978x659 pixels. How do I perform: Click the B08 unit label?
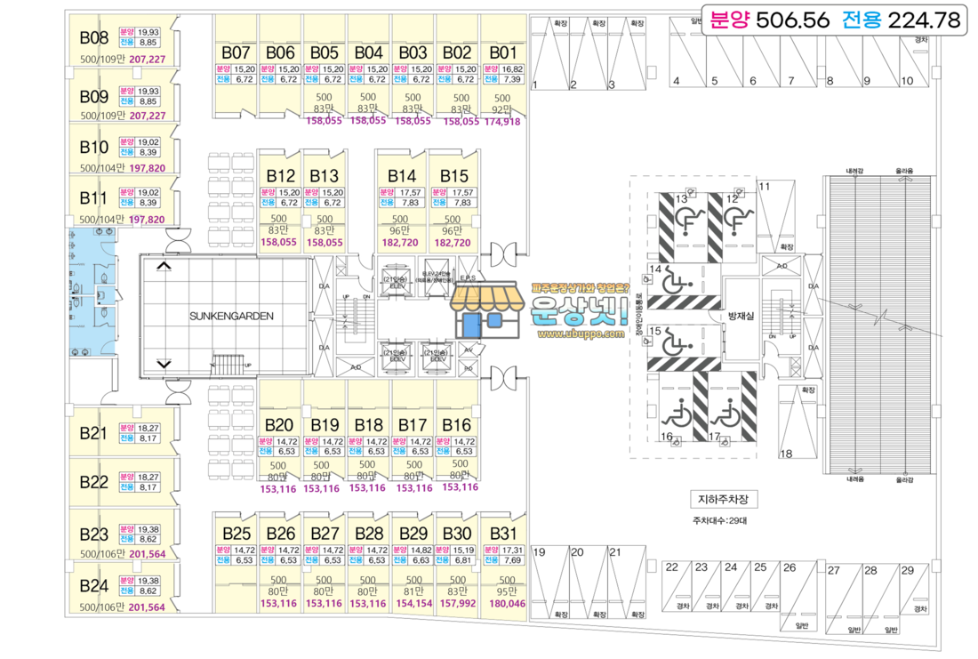93,38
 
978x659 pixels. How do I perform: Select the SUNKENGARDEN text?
231,316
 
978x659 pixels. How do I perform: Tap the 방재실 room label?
741,316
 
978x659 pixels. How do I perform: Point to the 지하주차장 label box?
721,499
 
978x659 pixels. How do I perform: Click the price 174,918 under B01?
502,122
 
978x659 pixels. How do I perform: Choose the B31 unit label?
502,534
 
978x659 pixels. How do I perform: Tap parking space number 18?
786,454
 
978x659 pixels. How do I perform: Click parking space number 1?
536,85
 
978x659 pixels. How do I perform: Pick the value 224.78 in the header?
917,19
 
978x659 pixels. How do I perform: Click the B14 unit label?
402,176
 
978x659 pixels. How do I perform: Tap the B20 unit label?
279,425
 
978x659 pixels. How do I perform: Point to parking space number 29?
907,570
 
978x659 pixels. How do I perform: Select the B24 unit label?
93,586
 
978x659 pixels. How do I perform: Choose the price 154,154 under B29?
413,604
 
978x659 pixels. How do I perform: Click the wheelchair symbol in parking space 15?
678,340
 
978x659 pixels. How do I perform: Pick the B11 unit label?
93,197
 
